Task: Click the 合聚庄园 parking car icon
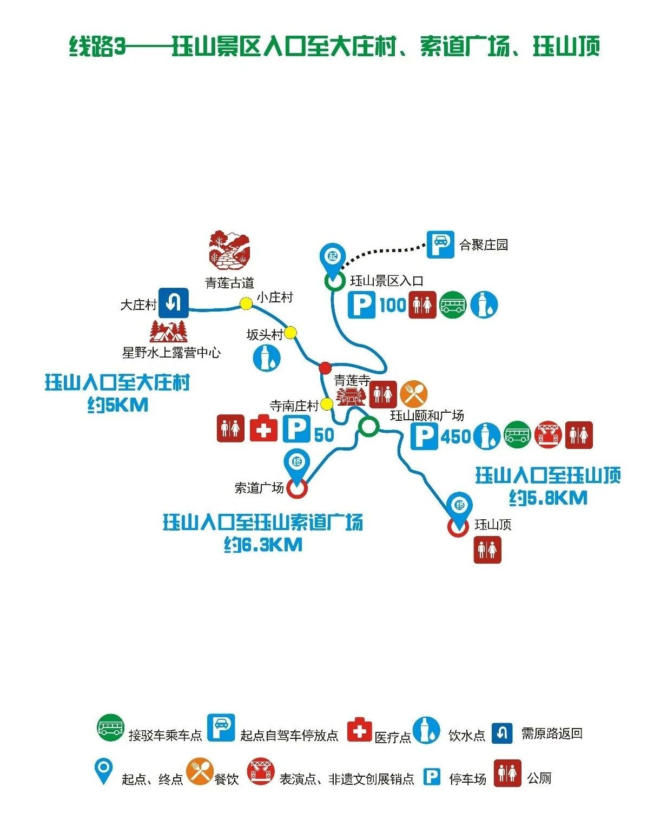click(x=440, y=244)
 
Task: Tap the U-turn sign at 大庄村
click(x=173, y=302)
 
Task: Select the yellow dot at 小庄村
click(x=246, y=303)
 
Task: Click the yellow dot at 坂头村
click(x=290, y=332)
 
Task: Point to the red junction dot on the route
click(x=325, y=368)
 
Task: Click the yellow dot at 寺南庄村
click(x=327, y=404)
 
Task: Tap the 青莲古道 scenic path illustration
click(x=229, y=250)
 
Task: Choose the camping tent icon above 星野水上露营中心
click(x=169, y=332)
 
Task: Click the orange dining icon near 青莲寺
click(x=414, y=394)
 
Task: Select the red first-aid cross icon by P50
click(x=263, y=429)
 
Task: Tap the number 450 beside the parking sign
click(x=455, y=436)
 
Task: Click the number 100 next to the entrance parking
click(x=392, y=305)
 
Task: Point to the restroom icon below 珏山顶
click(x=487, y=550)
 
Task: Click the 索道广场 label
click(x=259, y=488)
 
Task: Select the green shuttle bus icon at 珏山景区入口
click(x=452, y=305)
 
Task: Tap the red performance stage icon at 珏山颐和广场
click(x=548, y=435)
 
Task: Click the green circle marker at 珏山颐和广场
click(x=368, y=426)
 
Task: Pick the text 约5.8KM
click(x=547, y=498)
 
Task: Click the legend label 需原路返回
click(x=551, y=733)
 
